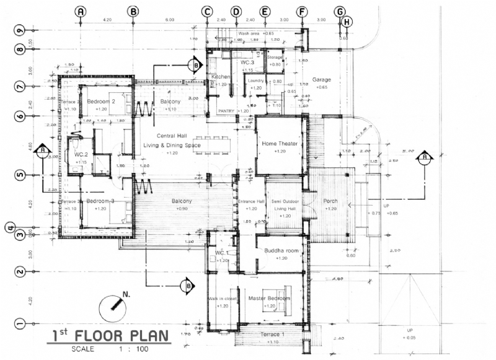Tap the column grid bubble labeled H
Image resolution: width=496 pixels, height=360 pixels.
coord(347,22)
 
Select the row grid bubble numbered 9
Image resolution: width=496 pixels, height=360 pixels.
coord(20,30)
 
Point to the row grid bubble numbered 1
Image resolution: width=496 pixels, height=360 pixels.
coord(20,323)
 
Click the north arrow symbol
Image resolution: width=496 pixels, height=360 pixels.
coord(113,305)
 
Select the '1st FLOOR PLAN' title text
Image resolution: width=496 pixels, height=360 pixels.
coord(110,336)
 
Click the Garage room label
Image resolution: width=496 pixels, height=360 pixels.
coord(321,79)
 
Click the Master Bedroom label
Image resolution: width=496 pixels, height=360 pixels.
coord(269,298)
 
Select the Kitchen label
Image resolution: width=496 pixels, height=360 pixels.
coord(221,77)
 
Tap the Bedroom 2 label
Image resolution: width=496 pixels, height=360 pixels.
coord(102,101)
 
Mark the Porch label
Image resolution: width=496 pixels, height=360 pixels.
coord(329,201)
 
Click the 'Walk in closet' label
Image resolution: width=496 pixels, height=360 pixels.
coord(222,299)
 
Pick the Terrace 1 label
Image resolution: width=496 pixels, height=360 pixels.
coord(269,335)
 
